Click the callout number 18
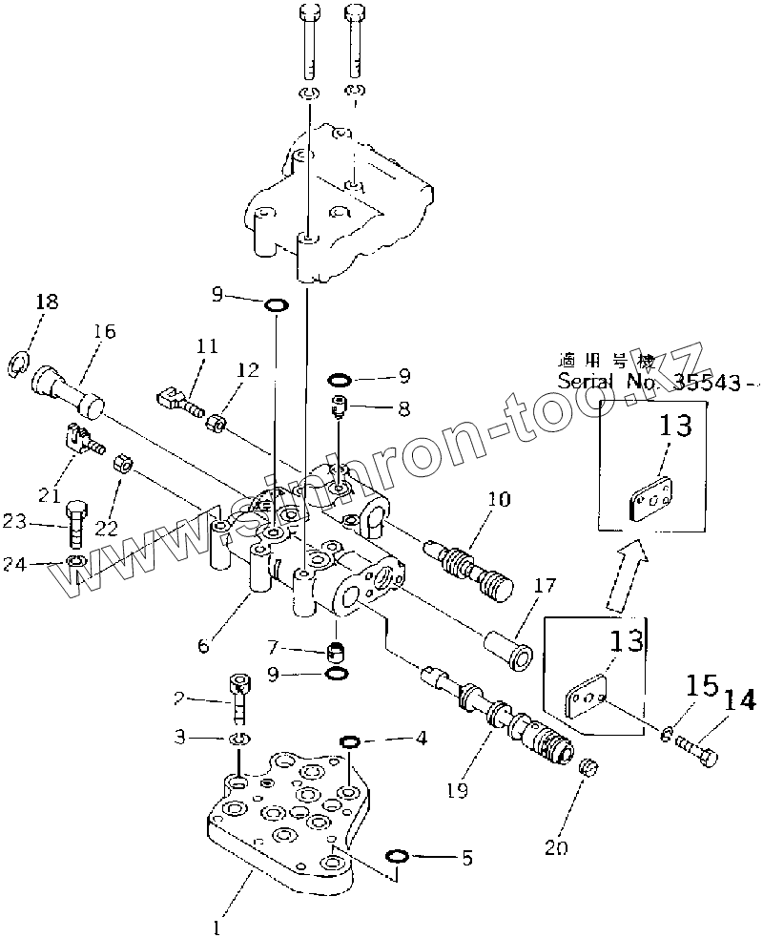click(x=46, y=302)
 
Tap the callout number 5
click(x=465, y=858)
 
